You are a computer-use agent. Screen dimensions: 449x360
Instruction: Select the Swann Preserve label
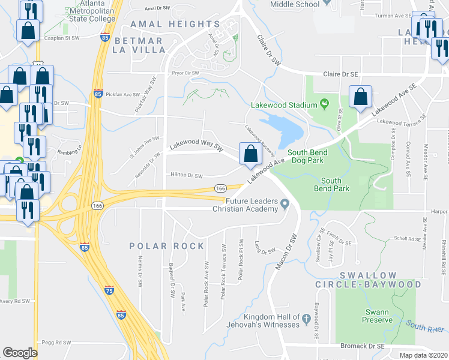coord(377,316)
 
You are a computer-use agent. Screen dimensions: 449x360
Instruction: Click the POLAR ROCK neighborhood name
coord(167,246)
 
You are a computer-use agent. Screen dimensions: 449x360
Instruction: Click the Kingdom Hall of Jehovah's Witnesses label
coord(271,320)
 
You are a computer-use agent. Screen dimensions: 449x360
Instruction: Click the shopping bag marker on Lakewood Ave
coord(250,154)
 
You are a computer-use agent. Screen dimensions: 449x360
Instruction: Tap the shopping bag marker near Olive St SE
coord(360,98)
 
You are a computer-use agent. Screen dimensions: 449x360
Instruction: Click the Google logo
coord(20,353)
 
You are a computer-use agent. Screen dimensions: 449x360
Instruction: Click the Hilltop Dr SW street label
coord(187,176)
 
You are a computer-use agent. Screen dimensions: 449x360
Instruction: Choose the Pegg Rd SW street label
coord(56,343)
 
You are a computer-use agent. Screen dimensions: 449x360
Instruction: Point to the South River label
coord(426,326)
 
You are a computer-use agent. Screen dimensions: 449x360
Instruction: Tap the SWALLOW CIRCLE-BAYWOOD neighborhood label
coord(381,279)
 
